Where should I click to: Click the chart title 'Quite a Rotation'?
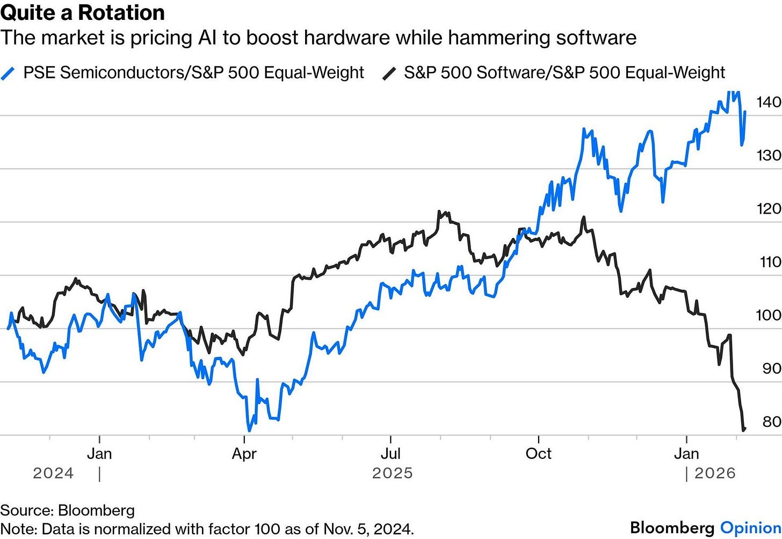(x=83, y=12)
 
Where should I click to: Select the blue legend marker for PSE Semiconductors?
(x=9, y=73)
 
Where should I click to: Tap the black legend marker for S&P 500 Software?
(x=389, y=73)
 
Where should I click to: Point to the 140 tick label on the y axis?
(x=768, y=102)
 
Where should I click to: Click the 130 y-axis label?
(x=768, y=156)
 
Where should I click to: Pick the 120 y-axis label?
(x=768, y=209)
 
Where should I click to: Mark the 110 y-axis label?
(x=768, y=262)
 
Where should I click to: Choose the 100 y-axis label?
(x=768, y=315)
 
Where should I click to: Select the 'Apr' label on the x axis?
(x=244, y=454)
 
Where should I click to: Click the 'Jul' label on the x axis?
(x=390, y=454)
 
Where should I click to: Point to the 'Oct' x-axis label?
(x=538, y=454)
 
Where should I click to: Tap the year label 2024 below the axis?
(x=53, y=473)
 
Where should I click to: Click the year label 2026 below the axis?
(x=715, y=473)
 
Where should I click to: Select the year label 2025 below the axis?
(x=393, y=473)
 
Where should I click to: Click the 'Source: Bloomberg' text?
(x=67, y=511)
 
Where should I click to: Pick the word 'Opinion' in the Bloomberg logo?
(x=750, y=528)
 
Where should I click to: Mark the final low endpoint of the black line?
(x=744, y=429)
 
